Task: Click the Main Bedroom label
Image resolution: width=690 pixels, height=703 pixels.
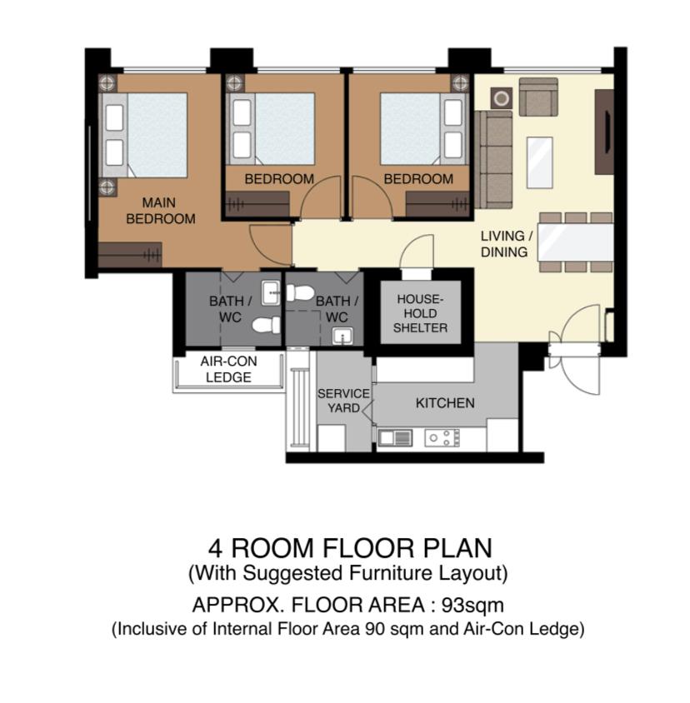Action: [x=161, y=211]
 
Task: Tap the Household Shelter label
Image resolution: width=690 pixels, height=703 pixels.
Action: [x=420, y=313]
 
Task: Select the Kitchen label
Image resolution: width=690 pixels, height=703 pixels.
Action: [x=445, y=403]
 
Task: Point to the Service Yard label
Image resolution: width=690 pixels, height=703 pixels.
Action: [x=343, y=401]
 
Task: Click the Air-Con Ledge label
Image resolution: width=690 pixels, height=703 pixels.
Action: [x=228, y=369]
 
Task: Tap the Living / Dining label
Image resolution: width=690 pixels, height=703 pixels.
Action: [x=507, y=244]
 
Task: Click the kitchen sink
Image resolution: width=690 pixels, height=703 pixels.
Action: [x=395, y=437]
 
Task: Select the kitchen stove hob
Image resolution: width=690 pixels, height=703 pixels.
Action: [x=442, y=437]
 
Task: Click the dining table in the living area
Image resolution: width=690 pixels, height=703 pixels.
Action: [x=576, y=242]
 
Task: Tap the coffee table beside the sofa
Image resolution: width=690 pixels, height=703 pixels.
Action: [x=540, y=162]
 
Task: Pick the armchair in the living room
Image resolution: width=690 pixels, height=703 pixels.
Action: [x=538, y=97]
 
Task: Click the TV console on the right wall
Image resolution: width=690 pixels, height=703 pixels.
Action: [x=604, y=132]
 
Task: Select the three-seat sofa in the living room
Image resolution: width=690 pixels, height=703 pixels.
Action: [x=493, y=160]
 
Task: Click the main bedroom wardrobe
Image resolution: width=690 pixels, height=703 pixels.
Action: [x=130, y=255]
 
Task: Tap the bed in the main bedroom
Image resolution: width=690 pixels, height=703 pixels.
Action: [x=143, y=135]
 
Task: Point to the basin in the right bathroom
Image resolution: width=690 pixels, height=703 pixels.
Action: [x=342, y=337]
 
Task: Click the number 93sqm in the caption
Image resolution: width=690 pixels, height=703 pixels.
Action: [x=472, y=606]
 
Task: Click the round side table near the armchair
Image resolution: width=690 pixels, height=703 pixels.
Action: [x=502, y=98]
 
